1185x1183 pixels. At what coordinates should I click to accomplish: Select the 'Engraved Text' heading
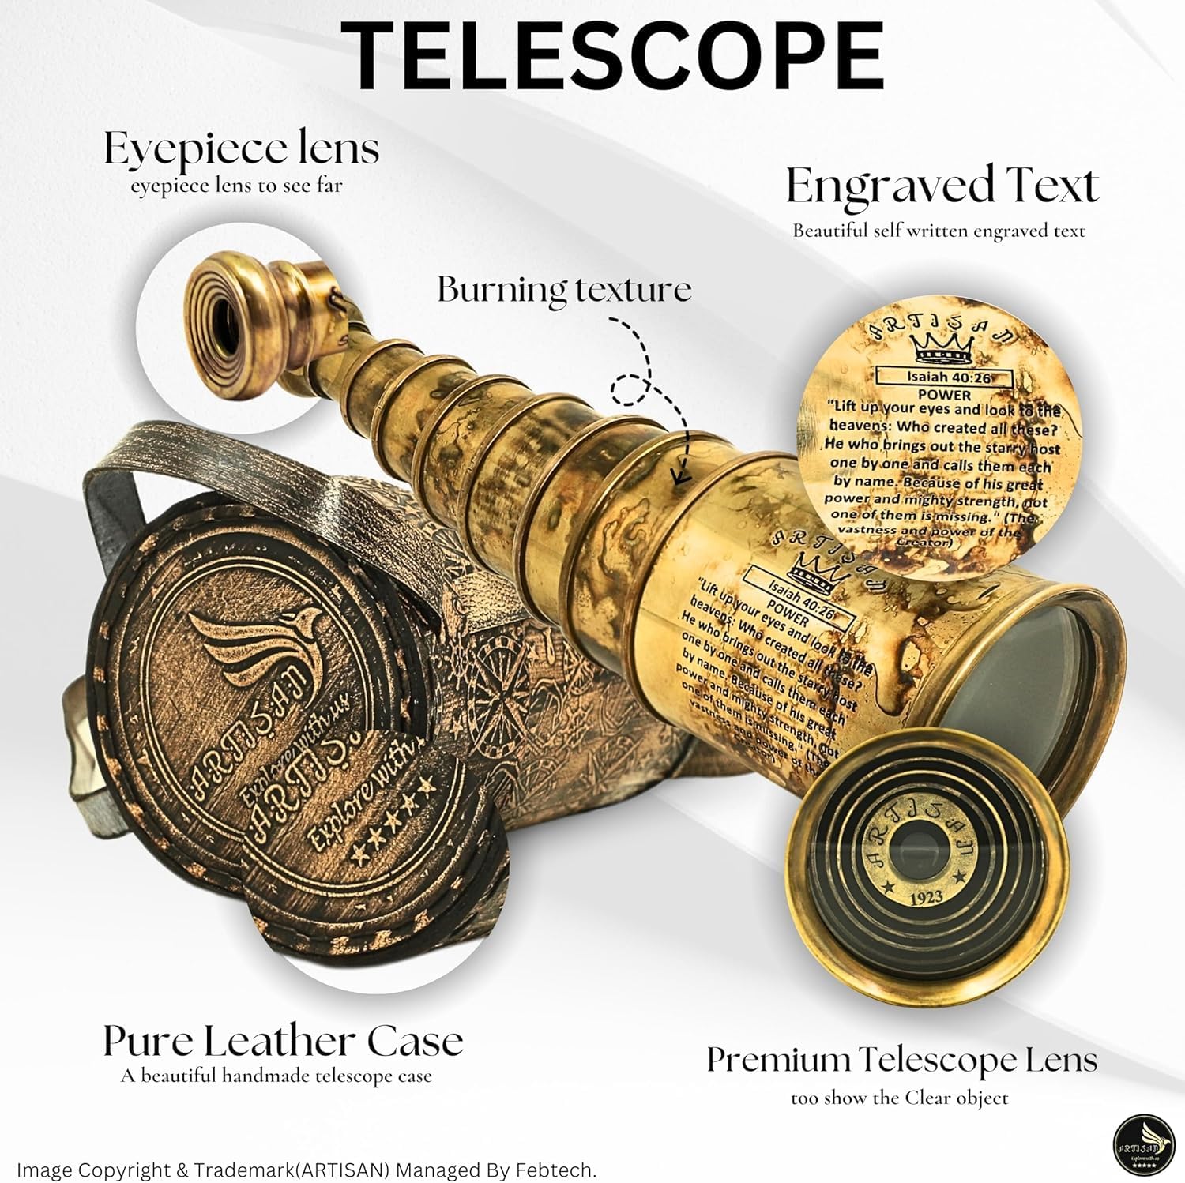942,186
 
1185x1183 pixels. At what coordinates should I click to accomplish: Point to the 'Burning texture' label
564,289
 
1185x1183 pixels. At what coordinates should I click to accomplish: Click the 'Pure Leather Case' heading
283,1041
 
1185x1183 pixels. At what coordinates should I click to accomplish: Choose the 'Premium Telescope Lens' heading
901,1060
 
